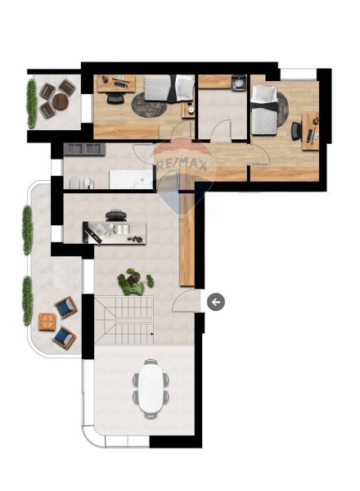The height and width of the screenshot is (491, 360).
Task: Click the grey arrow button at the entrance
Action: [216, 302]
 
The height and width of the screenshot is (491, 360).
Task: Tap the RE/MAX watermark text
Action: [180, 164]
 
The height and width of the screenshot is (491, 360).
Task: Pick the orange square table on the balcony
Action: [47, 322]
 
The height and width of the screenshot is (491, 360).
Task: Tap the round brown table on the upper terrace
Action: [60, 101]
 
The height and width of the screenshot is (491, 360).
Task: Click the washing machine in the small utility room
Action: [239, 83]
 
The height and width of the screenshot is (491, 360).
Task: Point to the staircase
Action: [124, 320]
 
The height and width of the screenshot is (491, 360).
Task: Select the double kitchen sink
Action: [84, 150]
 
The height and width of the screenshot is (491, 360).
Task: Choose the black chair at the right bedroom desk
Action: [296, 131]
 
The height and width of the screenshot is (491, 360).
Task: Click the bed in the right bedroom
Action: [265, 110]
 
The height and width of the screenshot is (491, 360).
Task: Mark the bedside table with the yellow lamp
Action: [188, 110]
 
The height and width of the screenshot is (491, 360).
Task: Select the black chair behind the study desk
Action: [117, 215]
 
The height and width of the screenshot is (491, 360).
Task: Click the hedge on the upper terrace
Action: [31, 103]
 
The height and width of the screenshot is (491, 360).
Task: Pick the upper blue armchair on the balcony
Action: [66, 307]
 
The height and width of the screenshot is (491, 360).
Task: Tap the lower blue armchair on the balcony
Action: [65, 337]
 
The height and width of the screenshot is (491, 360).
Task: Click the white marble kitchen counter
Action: [131, 179]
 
